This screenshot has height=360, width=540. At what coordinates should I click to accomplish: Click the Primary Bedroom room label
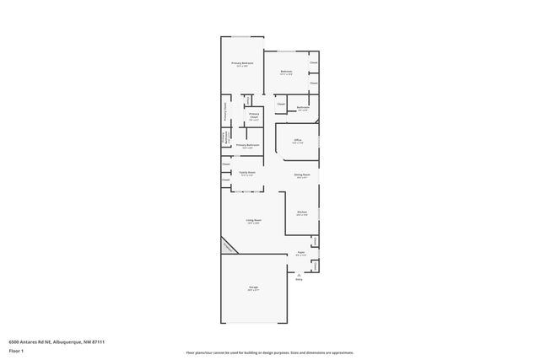pos(242,63)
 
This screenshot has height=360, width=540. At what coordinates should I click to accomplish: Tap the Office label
pos(298,139)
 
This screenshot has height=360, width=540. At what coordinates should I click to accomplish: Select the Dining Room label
pos(301,175)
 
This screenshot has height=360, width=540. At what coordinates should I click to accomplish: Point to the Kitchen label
pos(301,212)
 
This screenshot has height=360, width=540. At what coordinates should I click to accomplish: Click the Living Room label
pos(253,220)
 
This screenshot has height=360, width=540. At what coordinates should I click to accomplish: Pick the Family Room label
pos(246,172)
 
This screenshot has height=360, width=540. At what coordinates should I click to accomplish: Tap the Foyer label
pos(300,252)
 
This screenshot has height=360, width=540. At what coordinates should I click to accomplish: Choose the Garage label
pos(253,287)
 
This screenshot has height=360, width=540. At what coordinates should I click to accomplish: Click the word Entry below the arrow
pos(298,280)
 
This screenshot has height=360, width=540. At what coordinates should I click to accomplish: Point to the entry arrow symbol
pos(298,274)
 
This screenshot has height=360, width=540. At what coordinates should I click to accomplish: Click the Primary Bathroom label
pos(247,145)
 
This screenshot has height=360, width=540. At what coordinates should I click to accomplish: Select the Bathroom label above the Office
pos(303,107)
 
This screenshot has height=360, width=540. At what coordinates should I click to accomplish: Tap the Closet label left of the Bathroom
pos(280,105)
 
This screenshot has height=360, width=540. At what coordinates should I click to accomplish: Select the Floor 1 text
pos(16,350)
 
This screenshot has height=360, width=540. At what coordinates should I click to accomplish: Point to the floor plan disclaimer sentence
pos(269,352)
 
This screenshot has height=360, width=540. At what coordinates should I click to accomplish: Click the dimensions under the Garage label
pos(253,291)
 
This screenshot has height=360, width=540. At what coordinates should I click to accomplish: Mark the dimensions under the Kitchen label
pos(301,215)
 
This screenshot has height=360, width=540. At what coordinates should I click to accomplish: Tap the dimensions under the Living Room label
pos(253,223)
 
